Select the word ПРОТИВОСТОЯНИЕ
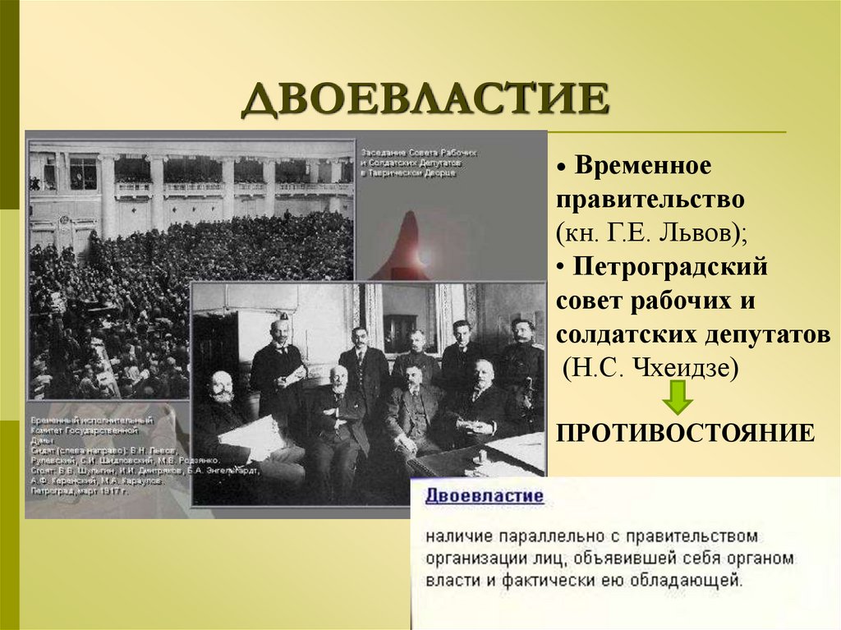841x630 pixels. [686, 432]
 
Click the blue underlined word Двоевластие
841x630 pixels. [484, 496]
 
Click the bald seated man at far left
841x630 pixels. [220, 394]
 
